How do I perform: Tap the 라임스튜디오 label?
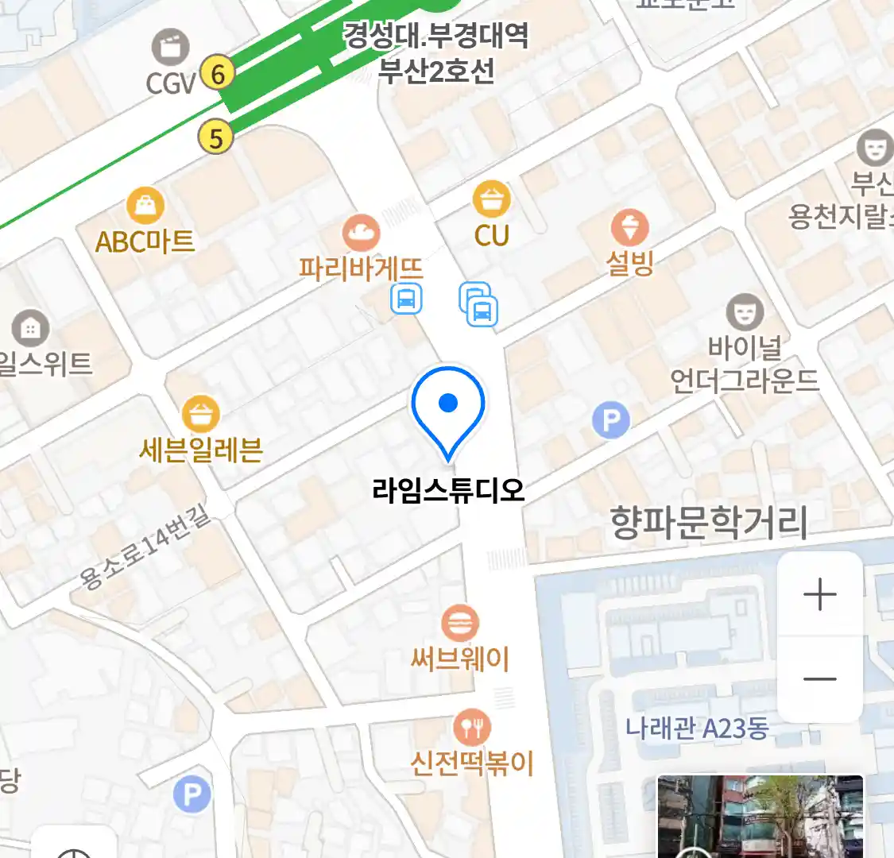448,489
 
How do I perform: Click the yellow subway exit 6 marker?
217,74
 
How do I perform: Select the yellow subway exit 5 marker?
215,138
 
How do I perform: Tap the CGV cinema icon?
171,48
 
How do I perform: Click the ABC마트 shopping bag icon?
145,207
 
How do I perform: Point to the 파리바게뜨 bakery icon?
361,233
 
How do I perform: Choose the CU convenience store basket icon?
492,199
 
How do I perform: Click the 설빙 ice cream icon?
630,228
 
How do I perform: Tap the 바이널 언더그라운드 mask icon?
745,313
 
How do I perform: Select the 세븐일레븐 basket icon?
201,414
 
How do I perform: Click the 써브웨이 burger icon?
459,624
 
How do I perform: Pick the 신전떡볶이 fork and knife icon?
472,727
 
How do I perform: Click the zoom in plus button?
819,594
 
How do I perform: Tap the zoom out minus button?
819,679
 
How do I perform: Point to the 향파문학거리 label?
708,522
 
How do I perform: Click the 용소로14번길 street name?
146,549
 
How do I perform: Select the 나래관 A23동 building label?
697,728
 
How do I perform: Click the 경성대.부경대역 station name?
435,36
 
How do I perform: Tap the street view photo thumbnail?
760,817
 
